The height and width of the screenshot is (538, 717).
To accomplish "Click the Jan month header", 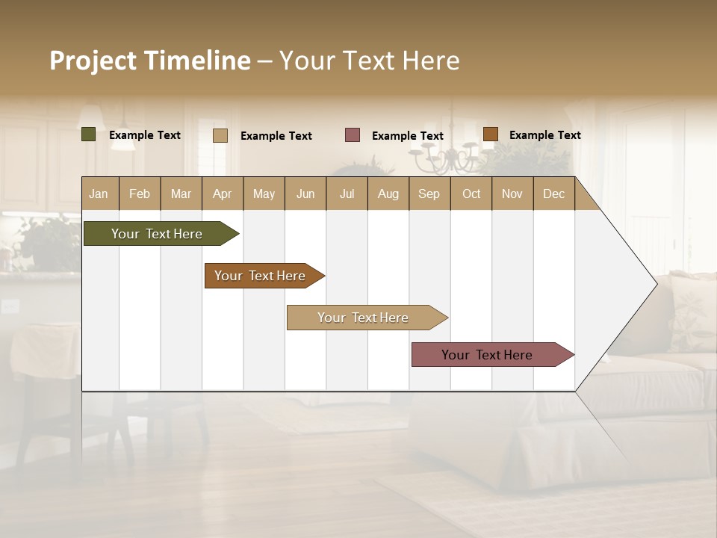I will coord(99,194).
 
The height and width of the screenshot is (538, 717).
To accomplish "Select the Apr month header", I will coord(222,194).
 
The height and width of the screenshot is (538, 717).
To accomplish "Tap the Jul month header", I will coord(347,194).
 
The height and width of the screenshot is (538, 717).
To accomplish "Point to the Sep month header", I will coord(429,194).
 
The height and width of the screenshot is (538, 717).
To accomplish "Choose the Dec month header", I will coord(553,194).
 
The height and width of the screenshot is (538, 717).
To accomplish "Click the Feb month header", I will coord(140,194).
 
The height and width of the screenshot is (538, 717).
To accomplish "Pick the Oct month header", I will coord(471,194).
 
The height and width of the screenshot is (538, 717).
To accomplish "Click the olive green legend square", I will coord(89,134).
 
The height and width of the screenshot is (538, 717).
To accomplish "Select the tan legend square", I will coord(220,135).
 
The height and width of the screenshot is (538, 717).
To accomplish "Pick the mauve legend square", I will coord(353,134).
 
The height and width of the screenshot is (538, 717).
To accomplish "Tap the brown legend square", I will coord(490,134).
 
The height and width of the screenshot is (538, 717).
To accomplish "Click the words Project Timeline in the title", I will coord(149,61).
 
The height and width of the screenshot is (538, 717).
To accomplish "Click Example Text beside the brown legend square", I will coord(544,135).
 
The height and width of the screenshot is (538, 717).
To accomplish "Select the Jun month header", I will coord(305,194).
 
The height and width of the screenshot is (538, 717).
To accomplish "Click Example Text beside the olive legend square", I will coord(145,135).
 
